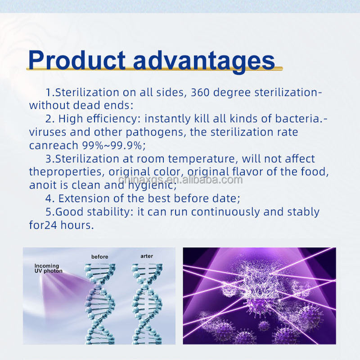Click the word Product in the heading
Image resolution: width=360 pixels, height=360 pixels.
tap(76, 60)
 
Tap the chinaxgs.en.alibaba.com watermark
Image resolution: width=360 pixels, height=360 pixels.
tap(180, 180)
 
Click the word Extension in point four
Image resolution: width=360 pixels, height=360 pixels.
tap(84, 198)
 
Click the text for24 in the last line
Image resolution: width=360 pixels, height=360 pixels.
tap(43, 225)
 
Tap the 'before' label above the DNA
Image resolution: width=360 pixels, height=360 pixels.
tap(99, 256)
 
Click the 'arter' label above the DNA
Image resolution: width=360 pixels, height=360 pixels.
tap(147, 256)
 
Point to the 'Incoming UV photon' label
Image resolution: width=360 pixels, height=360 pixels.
tap(49, 268)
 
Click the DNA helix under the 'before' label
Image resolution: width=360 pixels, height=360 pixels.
tap(99, 304)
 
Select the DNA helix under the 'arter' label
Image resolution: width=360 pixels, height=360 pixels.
tap(147, 304)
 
